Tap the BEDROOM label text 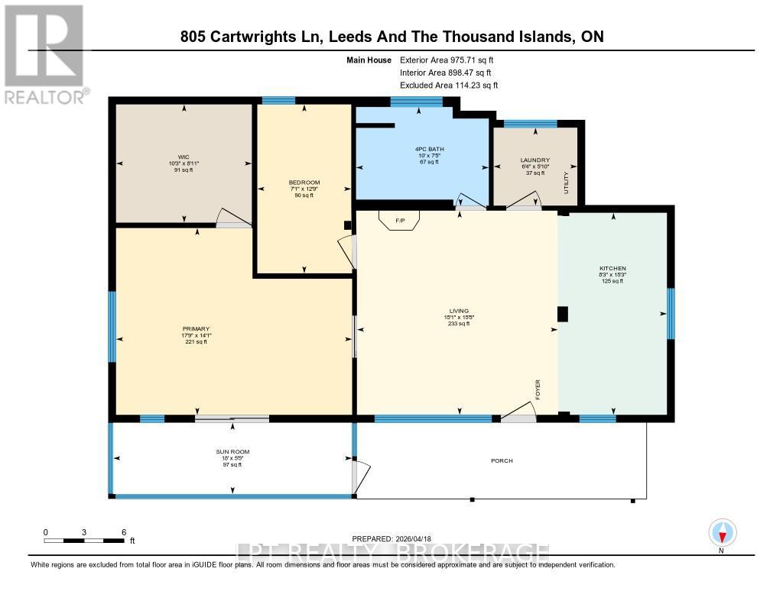click(299, 182)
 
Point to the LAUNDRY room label click(534, 160)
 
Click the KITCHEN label click(612, 269)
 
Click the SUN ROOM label click(232, 452)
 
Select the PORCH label click(502, 461)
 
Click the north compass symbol click(721, 531)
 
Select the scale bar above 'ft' click(84, 541)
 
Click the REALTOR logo click(44, 54)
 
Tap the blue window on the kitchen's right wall click(671, 313)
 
